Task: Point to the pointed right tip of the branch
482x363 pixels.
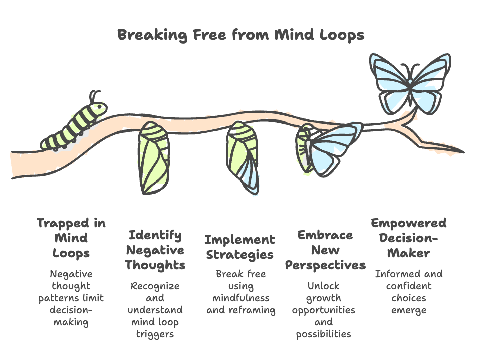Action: pyautogui.click(x=459, y=152)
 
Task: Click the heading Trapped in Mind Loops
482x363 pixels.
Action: pyautogui.click(x=71, y=238)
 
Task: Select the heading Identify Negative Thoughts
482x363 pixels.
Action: pyautogui.click(x=155, y=250)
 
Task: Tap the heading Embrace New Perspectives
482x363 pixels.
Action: pyautogui.click(x=325, y=250)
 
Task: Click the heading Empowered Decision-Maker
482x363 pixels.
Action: pyautogui.click(x=408, y=238)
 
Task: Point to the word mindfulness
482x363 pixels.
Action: pyautogui.click(x=240, y=298)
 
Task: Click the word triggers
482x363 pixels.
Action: pyautogui.click(x=155, y=334)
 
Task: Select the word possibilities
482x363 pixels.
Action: pyautogui.click(x=324, y=334)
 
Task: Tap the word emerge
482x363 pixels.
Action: pyautogui.click(x=408, y=310)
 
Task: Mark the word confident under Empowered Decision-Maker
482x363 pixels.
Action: pyautogui.click(x=408, y=286)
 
